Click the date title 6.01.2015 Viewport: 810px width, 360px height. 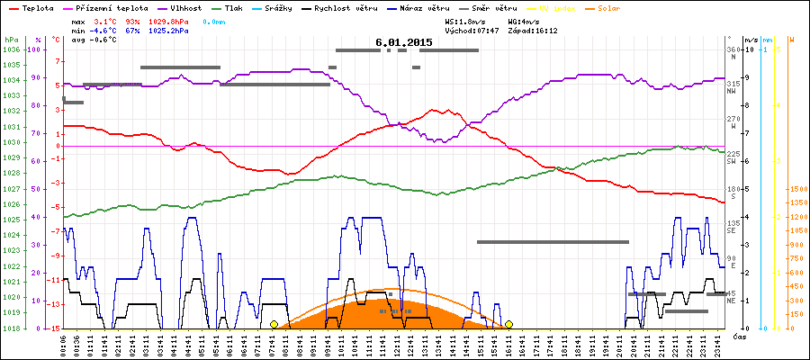[x=404, y=42]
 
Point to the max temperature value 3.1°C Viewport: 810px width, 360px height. [x=105, y=20]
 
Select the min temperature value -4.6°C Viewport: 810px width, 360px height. [x=103, y=30]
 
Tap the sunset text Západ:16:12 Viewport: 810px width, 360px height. [x=533, y=30]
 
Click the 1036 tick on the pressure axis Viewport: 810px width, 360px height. [x=11, y=49]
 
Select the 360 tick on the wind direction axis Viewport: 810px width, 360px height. [x=733, y=49]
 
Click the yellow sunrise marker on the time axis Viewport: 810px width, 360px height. [x=274, y=324]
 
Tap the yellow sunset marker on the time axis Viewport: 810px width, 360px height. [x=508, y=324]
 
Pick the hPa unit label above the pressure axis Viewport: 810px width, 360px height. [x=11, y=40]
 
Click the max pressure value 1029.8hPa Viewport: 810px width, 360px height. [x=168, y=20]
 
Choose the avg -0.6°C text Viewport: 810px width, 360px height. [x=94, y=40]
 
